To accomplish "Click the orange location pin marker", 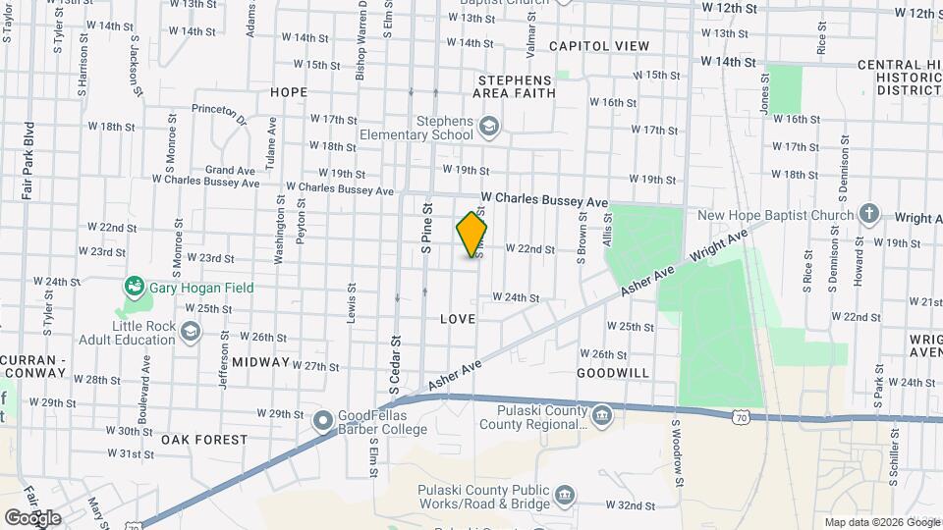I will pos(472,235).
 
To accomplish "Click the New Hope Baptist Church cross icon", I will pos(868,214).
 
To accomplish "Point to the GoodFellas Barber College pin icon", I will pos(322,421).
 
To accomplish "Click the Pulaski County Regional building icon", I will pos(601,418).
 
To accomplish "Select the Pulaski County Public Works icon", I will pos(565,494).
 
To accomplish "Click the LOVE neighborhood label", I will pos(458,319).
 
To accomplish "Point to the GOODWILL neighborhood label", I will pos(613,373).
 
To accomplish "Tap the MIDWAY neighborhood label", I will pos(261,362).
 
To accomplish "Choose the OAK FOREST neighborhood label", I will pos(204,440).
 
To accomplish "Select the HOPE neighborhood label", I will pos(288,92).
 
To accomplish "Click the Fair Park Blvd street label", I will pos(28,162).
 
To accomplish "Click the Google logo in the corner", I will pos(33,517).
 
